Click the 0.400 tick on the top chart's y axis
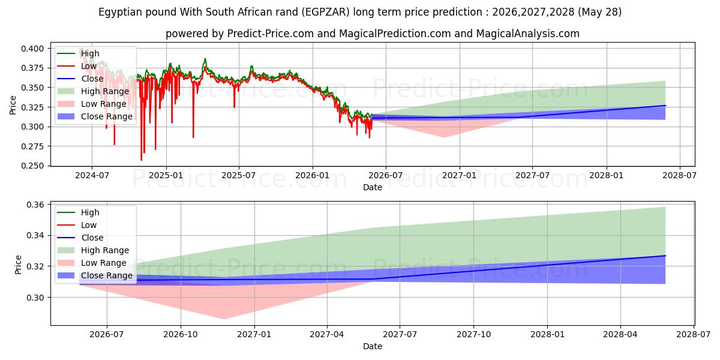click(x=32, y=49)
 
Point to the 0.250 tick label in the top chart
click(x=32, y=166)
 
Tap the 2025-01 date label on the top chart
click(x=166, y=175)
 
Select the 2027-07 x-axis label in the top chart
click(x=532, y=175)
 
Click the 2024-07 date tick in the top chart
click(x=92, y=175)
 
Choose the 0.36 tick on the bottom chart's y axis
click(x=35, y=205)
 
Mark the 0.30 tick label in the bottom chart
click(x=35, y=298)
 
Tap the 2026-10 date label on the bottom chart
click(x=181, y=335)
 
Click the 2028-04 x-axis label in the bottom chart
click(x=620, y=335)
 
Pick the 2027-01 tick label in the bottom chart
click(x=254, y=335)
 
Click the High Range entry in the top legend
click(x=105, y=91)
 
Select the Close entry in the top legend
click(x=92, y=79)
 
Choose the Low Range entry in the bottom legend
click(x=103, y=263)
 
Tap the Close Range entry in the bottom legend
click(x=107, y=275)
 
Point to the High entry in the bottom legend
click(x=90, y=212)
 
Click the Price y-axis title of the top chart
click(x=13, y=105)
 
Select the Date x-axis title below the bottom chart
click(x=373, y=346)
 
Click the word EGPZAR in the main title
click(x=326, y=12)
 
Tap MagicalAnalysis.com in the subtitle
click(x=528, y=34)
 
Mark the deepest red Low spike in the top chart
click(x=141, y=160)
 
